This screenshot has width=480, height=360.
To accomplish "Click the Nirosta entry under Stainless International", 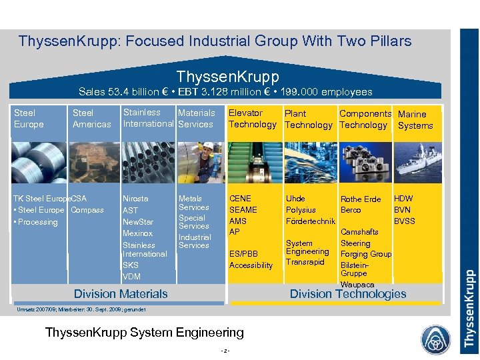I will (x=135, y=199).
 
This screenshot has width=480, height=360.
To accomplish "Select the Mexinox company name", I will (x=137, y=233).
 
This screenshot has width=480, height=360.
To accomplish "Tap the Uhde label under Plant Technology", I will (x=295, y=199).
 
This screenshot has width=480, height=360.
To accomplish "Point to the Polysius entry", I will (x=301, y=210).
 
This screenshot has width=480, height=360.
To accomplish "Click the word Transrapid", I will (x=305, y=261).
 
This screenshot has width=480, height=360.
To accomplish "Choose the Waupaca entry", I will (x=357, y=285).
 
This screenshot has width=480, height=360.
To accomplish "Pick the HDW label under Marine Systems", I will (x=403, y=199).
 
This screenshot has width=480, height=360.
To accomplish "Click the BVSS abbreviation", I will (x=405, y=221).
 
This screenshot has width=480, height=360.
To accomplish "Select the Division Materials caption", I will (x=121, y=293).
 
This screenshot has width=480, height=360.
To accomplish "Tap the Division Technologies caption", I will (x=347, y=294).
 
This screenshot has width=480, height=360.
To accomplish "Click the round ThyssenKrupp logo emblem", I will (x=435, y=337).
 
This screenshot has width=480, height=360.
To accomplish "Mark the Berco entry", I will (x=351, y=210).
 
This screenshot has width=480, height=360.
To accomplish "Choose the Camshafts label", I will (x=359, y=232).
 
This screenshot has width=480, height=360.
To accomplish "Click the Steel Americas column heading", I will (x=92, y=119).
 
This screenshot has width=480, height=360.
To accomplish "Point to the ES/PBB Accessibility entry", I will (x=251, y=259).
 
